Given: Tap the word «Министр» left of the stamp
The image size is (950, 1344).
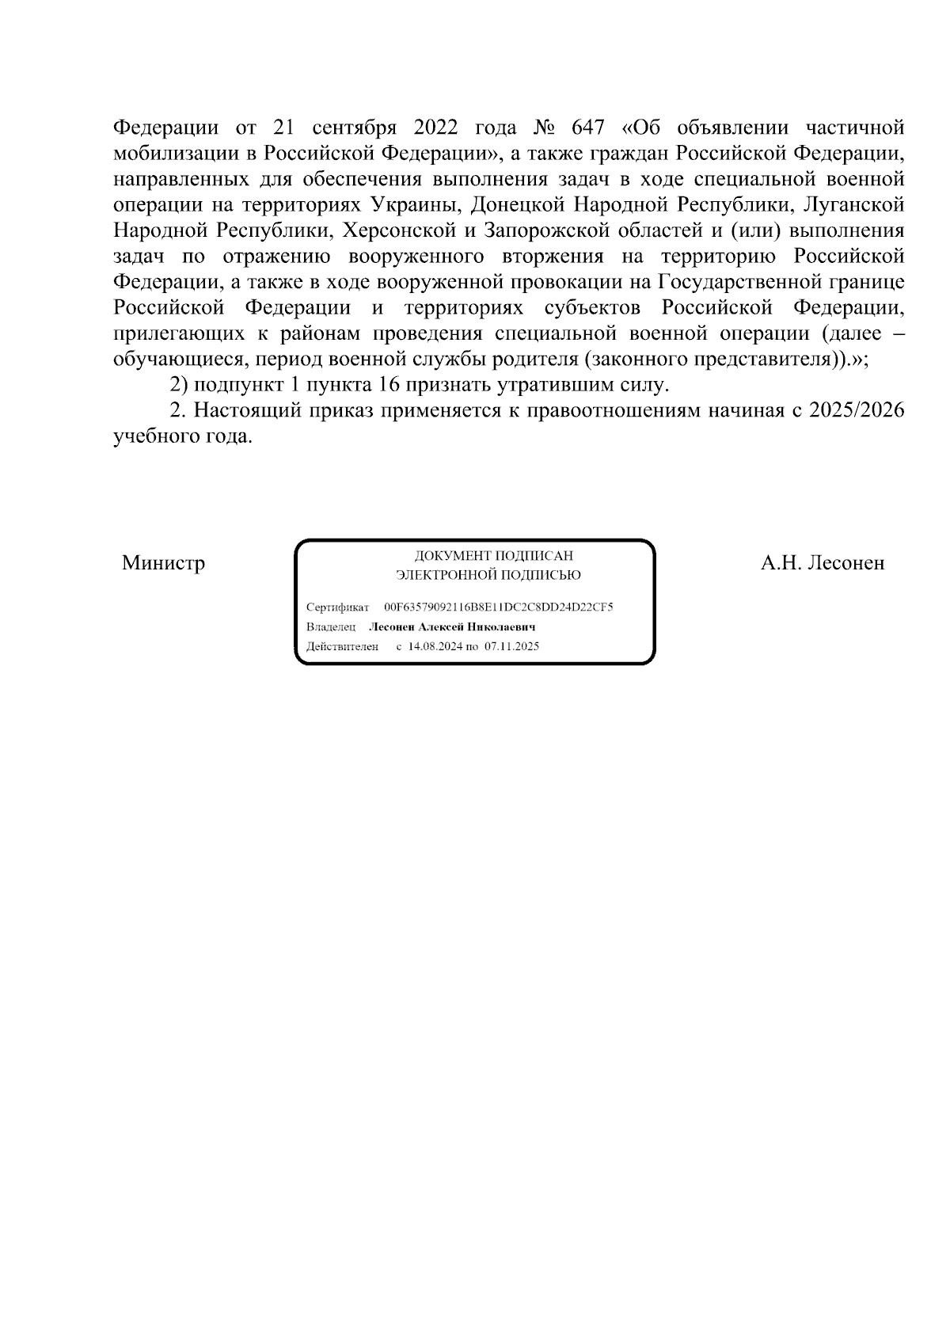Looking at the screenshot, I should pos(163,563).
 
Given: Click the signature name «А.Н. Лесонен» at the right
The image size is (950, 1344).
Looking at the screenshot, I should pos(822,563).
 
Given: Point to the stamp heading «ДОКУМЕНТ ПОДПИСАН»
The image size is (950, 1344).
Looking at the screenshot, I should pos(494,556).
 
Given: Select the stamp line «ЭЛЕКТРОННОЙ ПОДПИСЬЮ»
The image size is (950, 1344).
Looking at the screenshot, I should pos(488,575).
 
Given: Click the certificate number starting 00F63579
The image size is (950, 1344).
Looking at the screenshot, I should pos(499,607).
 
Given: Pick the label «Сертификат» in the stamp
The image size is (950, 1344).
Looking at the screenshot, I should pos(337,607).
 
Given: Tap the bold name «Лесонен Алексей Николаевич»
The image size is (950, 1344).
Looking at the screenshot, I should pos(453,627).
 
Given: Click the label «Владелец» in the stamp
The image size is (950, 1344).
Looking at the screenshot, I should pos(331,627).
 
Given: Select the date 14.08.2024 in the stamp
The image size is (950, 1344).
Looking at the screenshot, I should pos(435,646).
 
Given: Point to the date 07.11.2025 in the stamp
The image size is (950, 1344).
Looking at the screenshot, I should pos(511,646).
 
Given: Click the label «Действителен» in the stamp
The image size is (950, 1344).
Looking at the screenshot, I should pos(342,646).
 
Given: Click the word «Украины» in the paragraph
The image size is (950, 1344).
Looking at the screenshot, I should pos(416,205).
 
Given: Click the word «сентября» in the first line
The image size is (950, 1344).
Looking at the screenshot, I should pos(351,128).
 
